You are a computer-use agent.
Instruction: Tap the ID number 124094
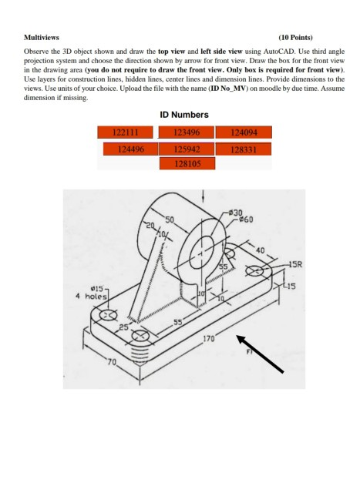tap(244, 132)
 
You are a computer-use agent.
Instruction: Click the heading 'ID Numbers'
tap(183, 115)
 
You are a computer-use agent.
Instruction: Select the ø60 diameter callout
tap(244, 218)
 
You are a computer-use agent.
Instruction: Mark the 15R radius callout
tap(294, 264)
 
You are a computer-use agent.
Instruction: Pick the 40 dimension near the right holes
tap(260, 250)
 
